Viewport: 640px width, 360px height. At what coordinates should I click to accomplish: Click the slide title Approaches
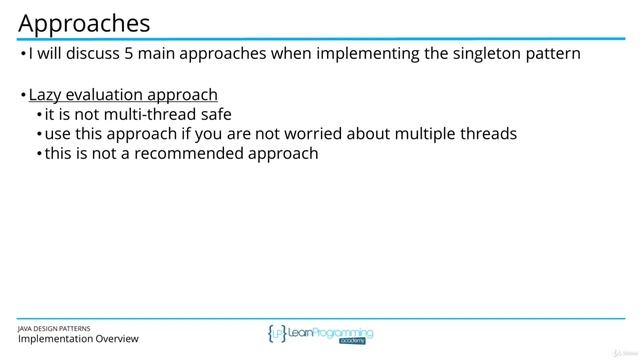click(x=85, y=22)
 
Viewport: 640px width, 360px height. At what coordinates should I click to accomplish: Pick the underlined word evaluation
click(x=105, y=95)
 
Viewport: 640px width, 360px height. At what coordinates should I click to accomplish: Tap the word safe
click(x=213, y=115)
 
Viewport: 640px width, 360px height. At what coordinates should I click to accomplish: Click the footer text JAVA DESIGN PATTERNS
click(x=61, y=327)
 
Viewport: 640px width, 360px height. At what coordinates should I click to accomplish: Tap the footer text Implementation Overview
click(x=78, y=339)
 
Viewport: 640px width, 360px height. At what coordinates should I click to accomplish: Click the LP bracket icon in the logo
click(x=276, y=334)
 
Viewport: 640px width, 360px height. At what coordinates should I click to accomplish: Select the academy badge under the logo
click(x=352, y=341)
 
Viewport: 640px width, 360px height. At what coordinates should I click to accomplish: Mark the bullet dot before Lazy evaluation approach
click(x=23, y=96)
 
